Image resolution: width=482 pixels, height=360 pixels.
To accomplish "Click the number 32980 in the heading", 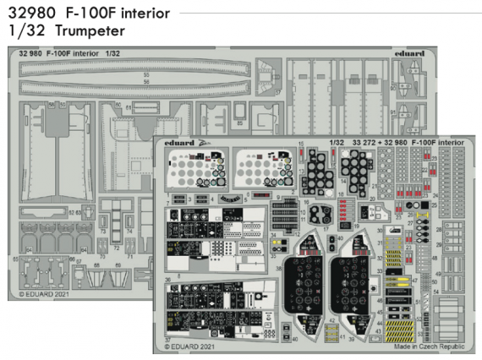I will click(x=31, y=13).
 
